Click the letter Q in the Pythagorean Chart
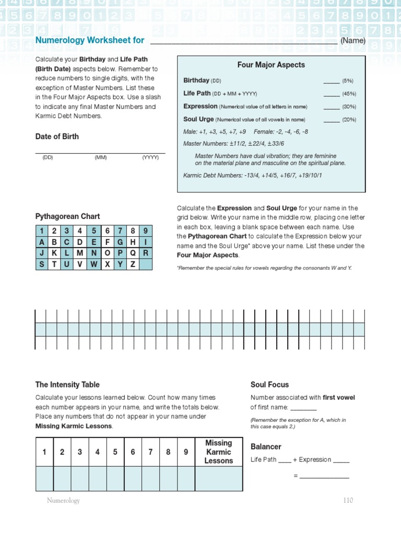(133, 253)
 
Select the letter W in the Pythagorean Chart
(93, 264)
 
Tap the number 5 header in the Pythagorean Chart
(93, 230)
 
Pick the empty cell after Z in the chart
(146, 264)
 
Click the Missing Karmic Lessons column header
(218, 452)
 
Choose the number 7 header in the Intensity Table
(150, 452)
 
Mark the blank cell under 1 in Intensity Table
(44, 479)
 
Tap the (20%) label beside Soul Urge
(349, 120)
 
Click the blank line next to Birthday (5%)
(331, 81)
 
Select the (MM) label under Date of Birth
(100, 157)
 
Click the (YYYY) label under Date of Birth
(150, 157)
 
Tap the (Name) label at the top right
(353, 41)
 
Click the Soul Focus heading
(269, 385)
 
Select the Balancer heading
(266, 446)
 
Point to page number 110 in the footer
(348, 501)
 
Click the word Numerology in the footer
(63, 501)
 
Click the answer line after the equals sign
(324, 476)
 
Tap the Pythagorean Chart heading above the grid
(67, 216)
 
